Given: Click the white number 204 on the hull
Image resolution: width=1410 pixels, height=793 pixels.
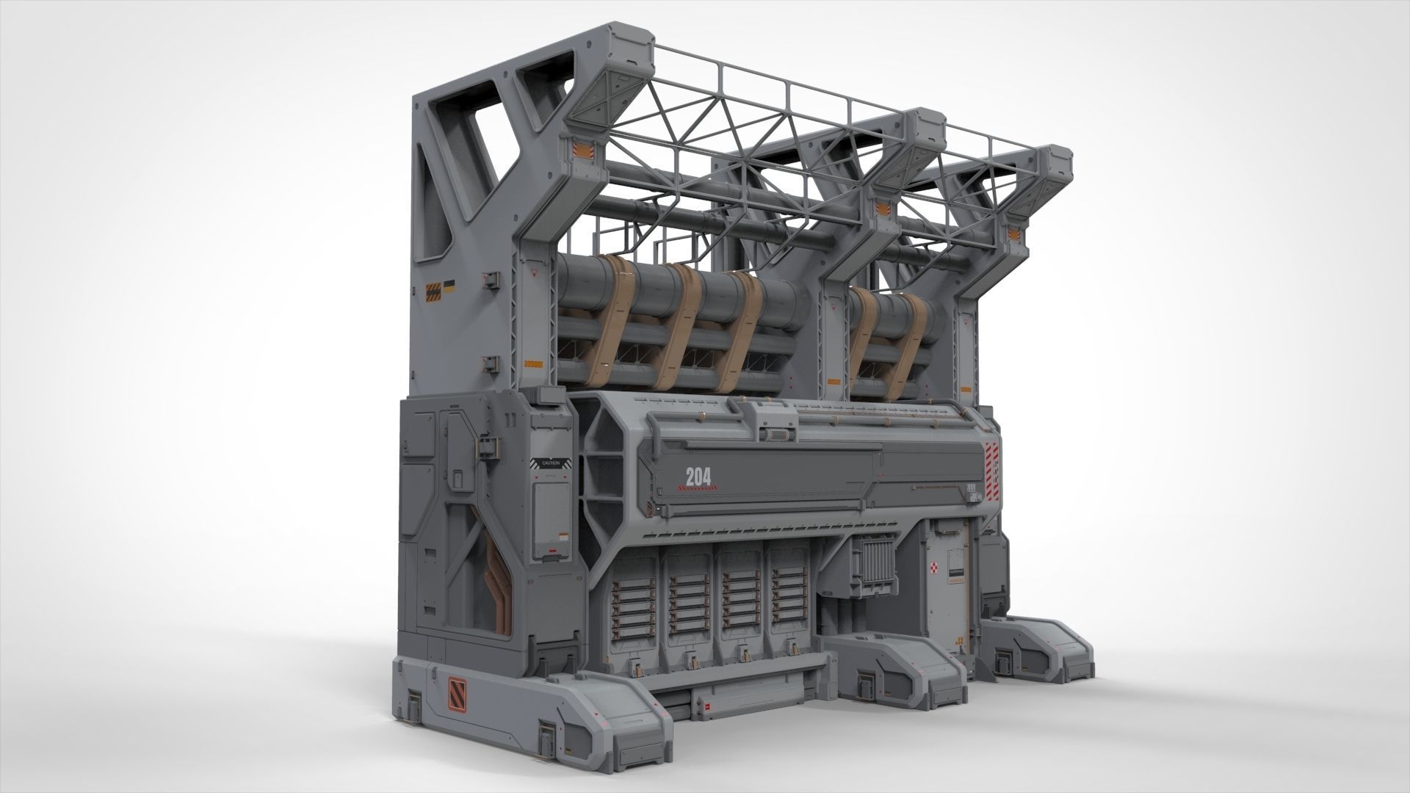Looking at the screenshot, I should coord(698,477).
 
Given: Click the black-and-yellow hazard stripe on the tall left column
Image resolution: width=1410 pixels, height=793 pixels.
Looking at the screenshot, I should coord(435,291).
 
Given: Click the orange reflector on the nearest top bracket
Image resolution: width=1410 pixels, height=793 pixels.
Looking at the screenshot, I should coord(580,151).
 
